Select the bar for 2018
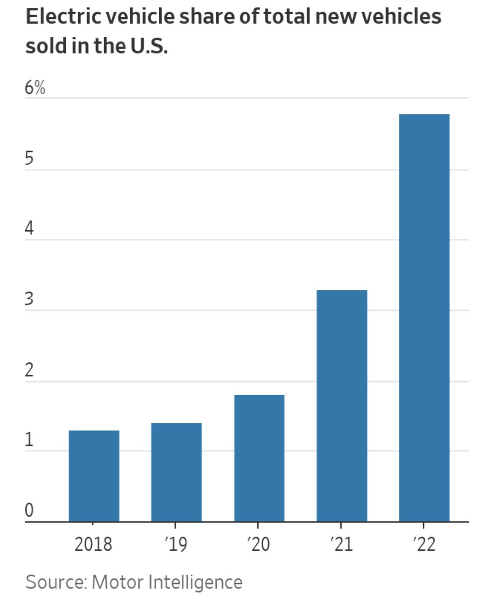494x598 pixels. pos(94,476)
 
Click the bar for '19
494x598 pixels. pos(176,472)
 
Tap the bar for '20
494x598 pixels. pos(259,458)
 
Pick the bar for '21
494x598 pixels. pos(342,406)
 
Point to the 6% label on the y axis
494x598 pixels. pos(35,88)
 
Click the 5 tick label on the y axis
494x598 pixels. pos(29,159)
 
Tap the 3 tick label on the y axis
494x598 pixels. pos(29,299)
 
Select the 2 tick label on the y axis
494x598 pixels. pos(29,370)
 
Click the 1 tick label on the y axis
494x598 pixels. pos(29,441)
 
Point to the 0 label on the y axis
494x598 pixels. pos(29,511)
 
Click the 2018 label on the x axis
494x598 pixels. pos(93,544)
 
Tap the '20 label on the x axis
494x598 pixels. pos(258,544)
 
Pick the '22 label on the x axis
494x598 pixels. pos(424,544)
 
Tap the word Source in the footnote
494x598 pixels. pos(55,582)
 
